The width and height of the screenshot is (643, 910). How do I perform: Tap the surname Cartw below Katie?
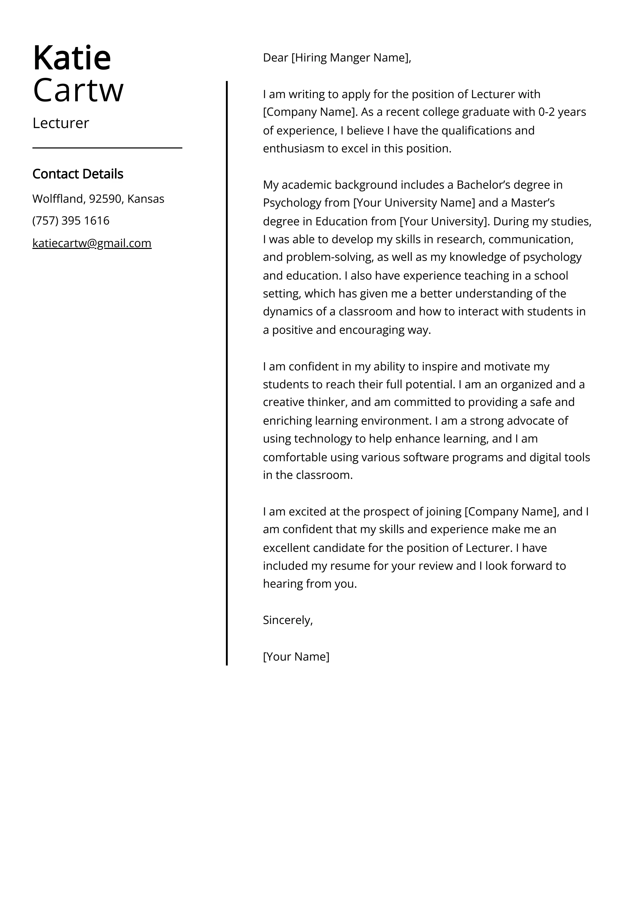coord(78,90)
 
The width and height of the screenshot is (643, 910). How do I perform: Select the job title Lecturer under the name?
coord(61,123)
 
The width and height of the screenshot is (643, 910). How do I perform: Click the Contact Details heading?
coord(78,174)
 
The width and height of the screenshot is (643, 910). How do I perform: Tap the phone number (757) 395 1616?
coord(71,221)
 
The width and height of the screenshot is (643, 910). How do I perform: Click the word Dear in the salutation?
coord(275,58)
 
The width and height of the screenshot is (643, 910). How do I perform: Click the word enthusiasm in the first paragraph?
coord(294,149)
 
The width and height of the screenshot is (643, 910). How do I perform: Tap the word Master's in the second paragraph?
coord(533,203)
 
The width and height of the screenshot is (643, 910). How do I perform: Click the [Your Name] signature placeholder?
coord(296,657)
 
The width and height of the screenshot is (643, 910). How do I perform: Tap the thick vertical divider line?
coord(227,372)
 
